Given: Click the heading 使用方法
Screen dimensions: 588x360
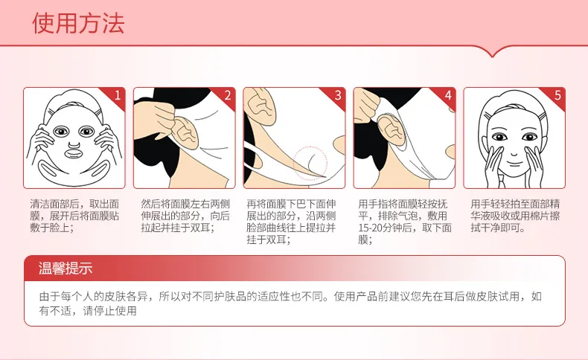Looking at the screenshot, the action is point(78,23).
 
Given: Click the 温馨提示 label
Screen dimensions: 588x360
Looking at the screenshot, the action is point(65,269).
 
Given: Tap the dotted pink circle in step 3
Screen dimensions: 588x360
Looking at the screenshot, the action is point(310,164).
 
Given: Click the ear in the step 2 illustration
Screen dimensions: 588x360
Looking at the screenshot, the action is point(185,132).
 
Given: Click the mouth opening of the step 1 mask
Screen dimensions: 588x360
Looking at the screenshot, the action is point(74,154).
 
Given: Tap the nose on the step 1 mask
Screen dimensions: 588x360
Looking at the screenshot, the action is point(74,144).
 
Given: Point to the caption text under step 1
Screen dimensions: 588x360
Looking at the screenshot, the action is point(74,216).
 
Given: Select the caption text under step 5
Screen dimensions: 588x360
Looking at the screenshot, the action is point(515,216).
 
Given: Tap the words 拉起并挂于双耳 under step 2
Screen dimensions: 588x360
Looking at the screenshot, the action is point(175,228).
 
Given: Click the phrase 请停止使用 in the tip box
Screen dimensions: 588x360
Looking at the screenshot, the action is point(109,311).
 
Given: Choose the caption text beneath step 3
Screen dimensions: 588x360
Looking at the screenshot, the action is point(291,222).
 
